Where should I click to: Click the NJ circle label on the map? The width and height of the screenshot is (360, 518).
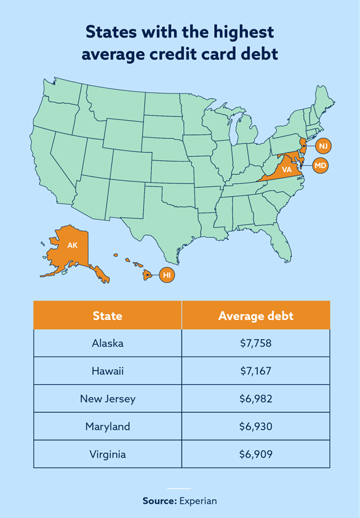coord(324,146)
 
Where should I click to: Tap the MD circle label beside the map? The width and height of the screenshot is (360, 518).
coord(321,165)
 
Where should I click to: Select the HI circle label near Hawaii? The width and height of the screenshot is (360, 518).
coord(167,275)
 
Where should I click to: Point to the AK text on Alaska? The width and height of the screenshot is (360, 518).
coord(73,245)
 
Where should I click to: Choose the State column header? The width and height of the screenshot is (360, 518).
coord(108,316)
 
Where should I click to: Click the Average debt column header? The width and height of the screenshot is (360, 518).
coord(255,316)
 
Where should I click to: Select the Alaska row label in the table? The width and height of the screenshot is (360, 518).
coord(108,343)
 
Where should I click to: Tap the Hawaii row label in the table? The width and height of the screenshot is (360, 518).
coord(108,371)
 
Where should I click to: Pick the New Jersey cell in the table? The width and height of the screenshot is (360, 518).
coord(108,399)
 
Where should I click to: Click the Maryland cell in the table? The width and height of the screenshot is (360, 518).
coord(108,426)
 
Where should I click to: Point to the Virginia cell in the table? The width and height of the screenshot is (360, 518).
coord(108,454)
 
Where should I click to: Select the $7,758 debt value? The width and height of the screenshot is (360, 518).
coord(255,343)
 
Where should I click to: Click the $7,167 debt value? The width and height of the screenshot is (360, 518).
coord(255,371)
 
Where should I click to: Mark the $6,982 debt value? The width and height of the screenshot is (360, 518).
coord(255,399)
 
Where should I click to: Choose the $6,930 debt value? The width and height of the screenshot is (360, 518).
coord(255,426)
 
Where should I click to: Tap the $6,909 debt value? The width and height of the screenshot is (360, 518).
coord(255,454)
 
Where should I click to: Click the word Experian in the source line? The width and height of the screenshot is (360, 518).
coord(198,501)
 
